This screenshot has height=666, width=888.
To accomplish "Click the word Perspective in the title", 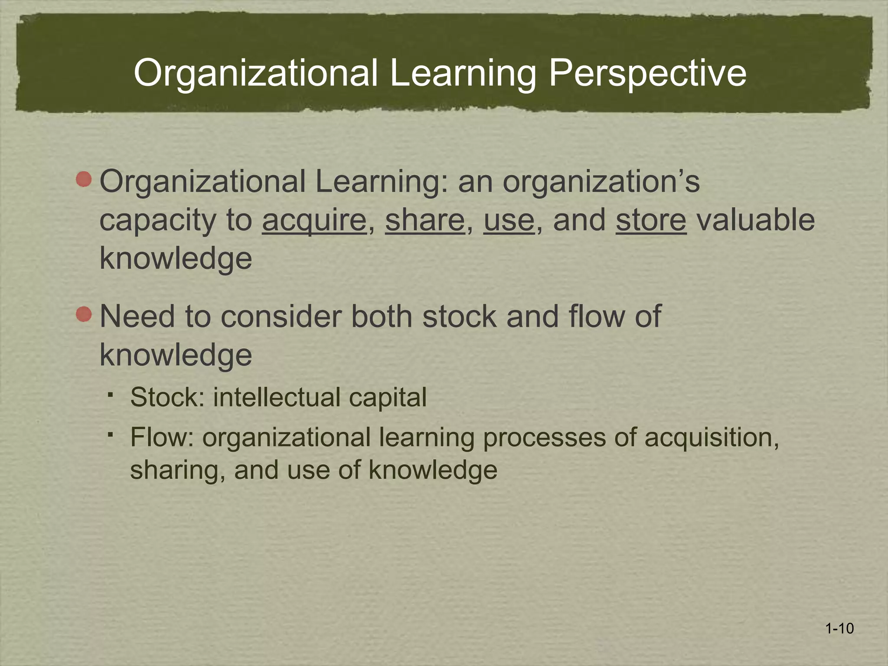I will click(647, 73).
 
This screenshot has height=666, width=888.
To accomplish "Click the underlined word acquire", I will click(314, 220).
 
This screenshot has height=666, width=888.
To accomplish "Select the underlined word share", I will click(424, 220).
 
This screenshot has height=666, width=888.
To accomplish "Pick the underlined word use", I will click(509, 220).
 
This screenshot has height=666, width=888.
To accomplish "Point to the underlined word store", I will click(651, 220).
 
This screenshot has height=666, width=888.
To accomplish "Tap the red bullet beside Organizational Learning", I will click(84, 179).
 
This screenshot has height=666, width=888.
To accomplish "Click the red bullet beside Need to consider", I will click(84, 314).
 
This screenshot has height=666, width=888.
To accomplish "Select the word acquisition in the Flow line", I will click(712, 437).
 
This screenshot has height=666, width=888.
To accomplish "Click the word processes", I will click(544, 437).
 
